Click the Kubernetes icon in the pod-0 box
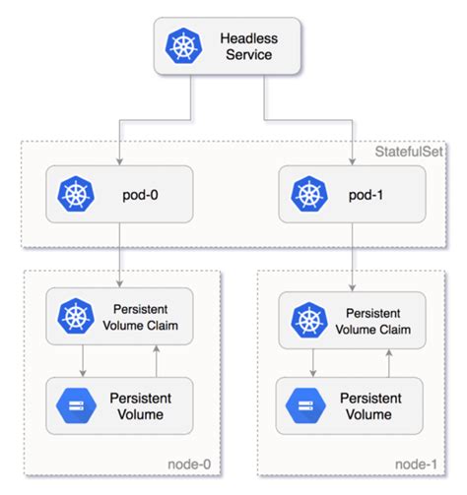pyautogui.click(x=73, y=193)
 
